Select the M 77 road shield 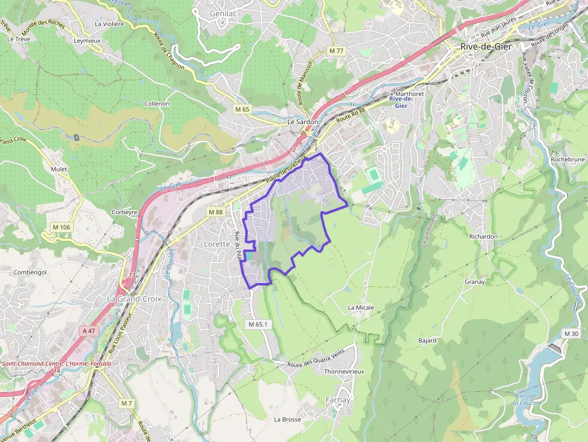tap(336, 51)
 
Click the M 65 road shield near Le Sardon tap(242, 109)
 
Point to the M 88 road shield tap(216, 212)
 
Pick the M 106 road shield tap(61, 227)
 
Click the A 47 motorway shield tap(89, 330)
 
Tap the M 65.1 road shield tap(260, 324)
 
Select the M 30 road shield tap(571, 333)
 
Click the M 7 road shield tap(126, 403)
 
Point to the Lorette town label tap(217, 244)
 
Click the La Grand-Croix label tap(134, 299)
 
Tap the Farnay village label tap(337, 399)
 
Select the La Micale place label tap(361, 308)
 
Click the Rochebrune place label tap(567, 160)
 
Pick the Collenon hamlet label tap(157, 104)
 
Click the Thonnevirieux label tap(344, 372)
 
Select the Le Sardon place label tap(302, 122)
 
